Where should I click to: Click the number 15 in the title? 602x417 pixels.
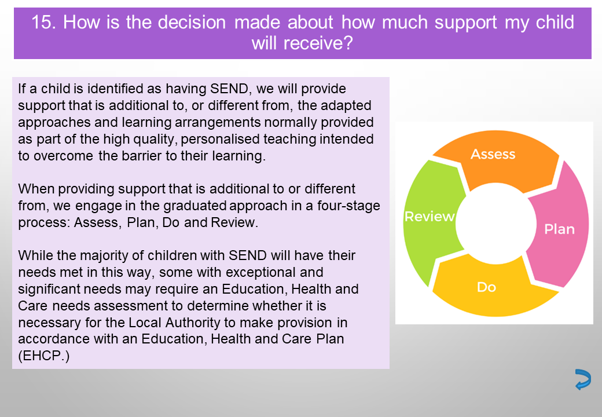(x=43, y=22)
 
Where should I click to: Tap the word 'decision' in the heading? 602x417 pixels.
(x=192, y=22)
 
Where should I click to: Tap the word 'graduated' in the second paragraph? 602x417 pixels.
(x=195, y=206)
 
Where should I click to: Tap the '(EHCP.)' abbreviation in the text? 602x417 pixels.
(x=44, y=356)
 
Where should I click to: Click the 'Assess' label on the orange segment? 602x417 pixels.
(x=493, y=154)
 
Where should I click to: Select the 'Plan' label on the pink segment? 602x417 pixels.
(x=559, y=229)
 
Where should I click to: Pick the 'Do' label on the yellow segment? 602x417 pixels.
(x=486, y=287)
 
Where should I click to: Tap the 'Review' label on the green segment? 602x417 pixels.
(x=430, y=217)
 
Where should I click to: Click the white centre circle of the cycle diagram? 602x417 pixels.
(x=495, y=224)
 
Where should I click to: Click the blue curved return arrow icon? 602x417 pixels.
(x=583, y=379)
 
